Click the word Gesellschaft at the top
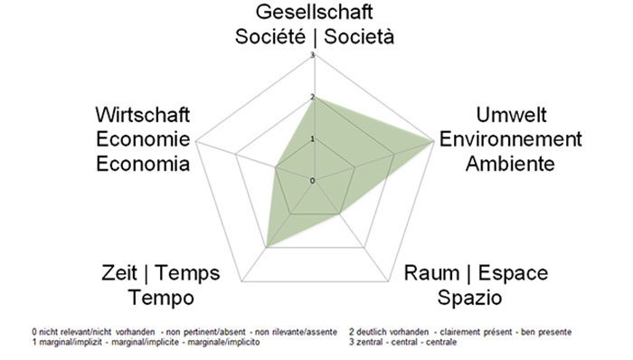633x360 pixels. point(314,13)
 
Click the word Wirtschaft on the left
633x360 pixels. point(143,117)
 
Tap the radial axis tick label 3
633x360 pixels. point(312,56)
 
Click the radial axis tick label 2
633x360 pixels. point(312,98)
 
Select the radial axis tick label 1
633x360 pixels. point(312,139)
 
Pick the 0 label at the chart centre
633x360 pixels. point(312,181)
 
